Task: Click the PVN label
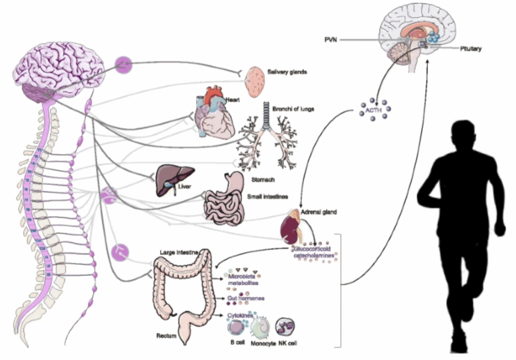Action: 330,38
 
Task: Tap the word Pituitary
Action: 471,49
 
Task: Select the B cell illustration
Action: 235,328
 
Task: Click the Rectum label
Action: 166,335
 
